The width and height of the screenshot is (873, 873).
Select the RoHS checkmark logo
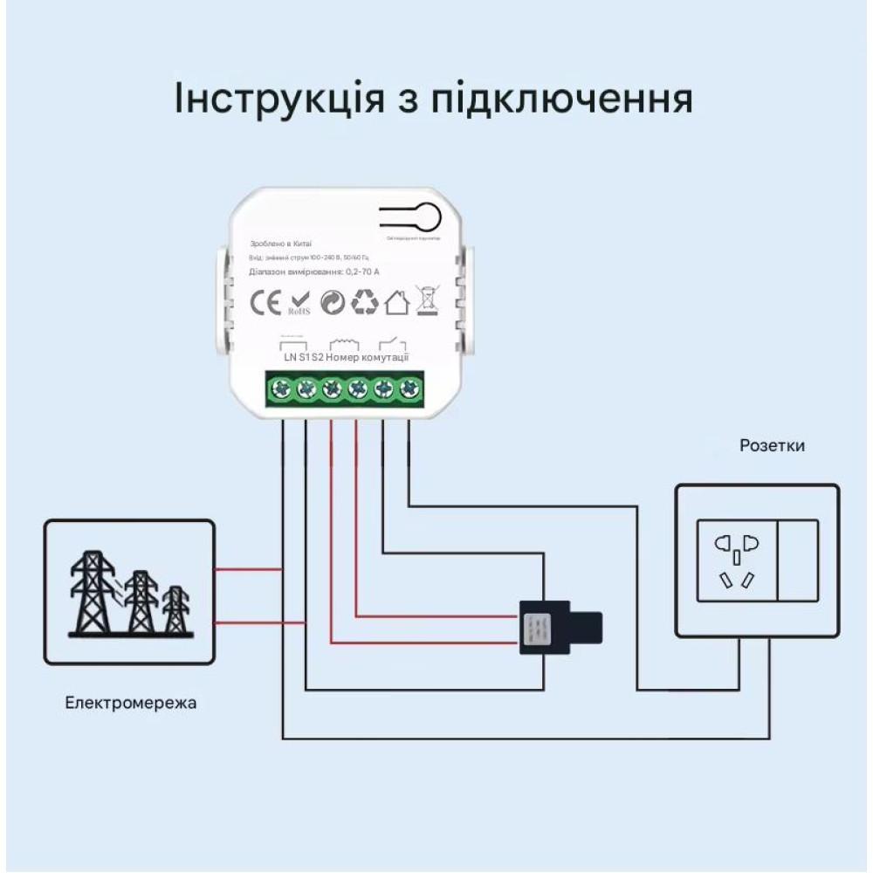coord(299,304)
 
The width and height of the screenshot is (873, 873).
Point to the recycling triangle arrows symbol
coord(364,302)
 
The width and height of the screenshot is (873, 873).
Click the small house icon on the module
coord(397,302)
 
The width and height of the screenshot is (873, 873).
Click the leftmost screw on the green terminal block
coord(281,389)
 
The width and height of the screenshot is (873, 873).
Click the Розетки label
coord(772,446)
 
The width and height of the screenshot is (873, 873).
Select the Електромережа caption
coord(131,703)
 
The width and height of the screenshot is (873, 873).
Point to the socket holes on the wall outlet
coord(736,560)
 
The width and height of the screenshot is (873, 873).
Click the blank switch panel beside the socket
coord(797,560)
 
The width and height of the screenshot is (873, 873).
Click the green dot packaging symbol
coord(332,303)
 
